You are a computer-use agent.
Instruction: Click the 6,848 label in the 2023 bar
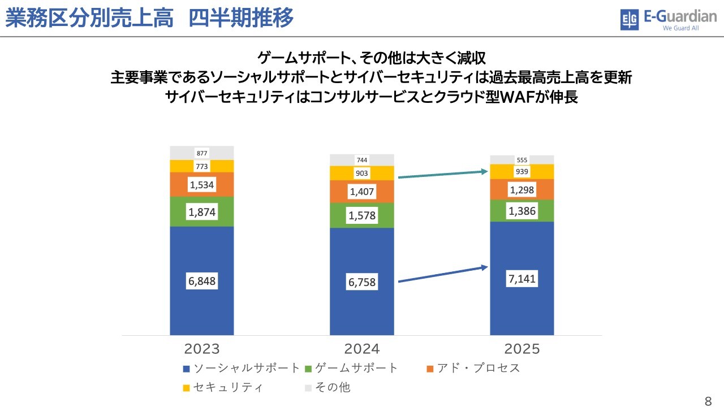tap(202, 281)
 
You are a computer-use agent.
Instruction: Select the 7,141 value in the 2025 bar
tap(522, 279)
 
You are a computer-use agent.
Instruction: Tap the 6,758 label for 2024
tap(362, 282)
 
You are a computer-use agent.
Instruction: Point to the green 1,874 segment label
tap(202, 212)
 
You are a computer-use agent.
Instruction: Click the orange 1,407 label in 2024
tap(362, 192)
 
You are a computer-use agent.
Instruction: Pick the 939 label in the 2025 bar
tap(522, 172)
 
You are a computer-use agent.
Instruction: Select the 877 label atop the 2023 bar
tap(202, 153)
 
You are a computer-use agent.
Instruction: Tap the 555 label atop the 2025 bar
tap(522, 160)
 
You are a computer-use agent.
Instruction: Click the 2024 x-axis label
tap(361, 348)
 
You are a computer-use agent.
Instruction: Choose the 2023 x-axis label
tap(201, 348)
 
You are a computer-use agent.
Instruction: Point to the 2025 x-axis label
tap(521, 348)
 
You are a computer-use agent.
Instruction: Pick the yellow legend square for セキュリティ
tap(187, 388)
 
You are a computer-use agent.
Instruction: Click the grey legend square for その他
tap(308, 388)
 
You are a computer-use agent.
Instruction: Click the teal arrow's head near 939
tap(485, 170)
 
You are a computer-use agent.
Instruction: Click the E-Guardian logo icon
tap(630, 20)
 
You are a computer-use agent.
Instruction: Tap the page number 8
tap(708, 402)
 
